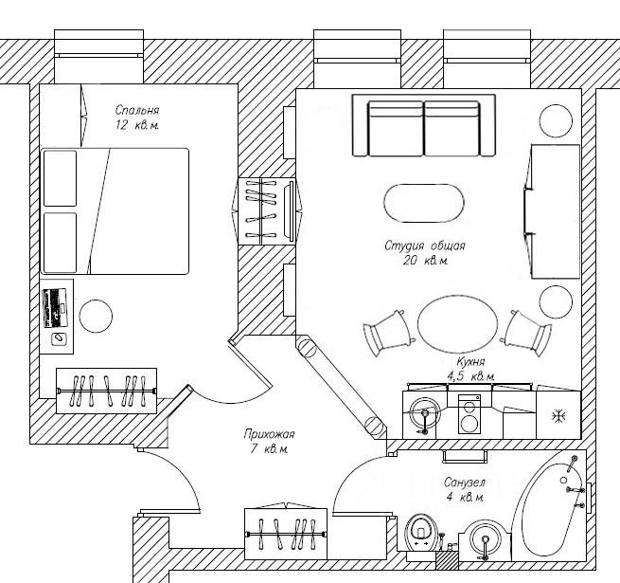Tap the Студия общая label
point(425,246)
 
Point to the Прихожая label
point(267,434)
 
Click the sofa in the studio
point(424,127)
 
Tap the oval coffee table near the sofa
point(425,202)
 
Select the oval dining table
point(456,323)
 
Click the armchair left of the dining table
point(388,331)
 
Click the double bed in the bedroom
point(115,210)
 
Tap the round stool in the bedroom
point(96,316)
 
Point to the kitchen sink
point(426,414)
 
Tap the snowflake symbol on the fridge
point(558,414)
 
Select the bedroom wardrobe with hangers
point(106,389)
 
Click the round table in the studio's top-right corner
point(555,120)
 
